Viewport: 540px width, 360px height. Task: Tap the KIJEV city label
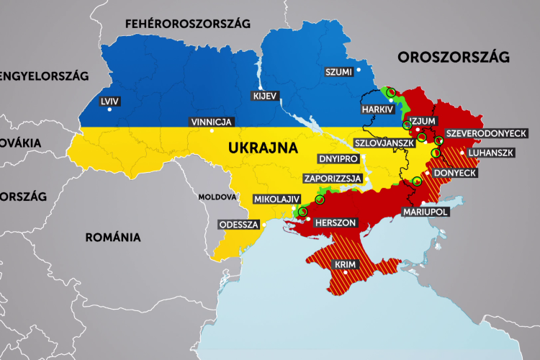(262, 95)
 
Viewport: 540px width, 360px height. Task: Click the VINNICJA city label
(210, 122)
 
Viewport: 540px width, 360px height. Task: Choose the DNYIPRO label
(338, 158)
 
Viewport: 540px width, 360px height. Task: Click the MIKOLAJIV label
(275, 199)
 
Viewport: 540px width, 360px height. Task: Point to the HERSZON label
(336, 223)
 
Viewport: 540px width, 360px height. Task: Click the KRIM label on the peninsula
(346, 266)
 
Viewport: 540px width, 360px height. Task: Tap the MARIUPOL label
(425, 212)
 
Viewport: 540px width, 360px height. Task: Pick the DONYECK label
(453, 173)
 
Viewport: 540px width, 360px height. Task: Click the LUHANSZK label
(490, 153)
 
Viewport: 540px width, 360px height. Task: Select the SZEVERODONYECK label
(487, 134)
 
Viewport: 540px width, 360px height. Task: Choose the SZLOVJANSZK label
(384, 143)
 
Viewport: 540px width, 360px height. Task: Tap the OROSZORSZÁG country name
(454, 56)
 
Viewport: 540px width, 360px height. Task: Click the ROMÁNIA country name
(112, 237)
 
